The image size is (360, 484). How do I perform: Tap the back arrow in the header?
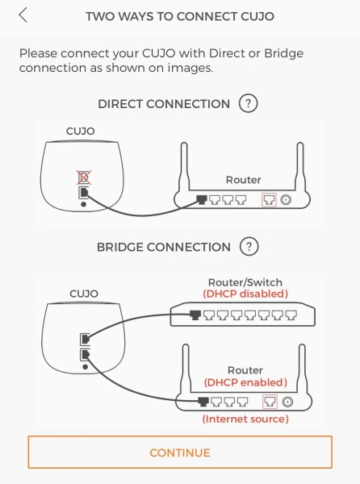coord(23,15)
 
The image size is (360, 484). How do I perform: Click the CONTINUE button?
coord(180,453)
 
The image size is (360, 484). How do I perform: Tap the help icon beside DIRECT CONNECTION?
coord(248,103)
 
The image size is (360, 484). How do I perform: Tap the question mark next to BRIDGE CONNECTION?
coord(249,247)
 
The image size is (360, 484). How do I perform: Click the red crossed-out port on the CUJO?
coord(84,177)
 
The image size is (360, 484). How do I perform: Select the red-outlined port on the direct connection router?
coord(269,200)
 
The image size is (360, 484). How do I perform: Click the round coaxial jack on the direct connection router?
coord(286,200)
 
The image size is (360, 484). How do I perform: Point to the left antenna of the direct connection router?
coord(184,167)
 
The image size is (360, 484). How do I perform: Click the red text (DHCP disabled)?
coord(245,294)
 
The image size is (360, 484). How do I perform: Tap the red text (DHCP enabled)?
coord(245,382)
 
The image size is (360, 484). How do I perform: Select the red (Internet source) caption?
coord(245,419)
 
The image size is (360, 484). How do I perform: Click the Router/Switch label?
coord(245,282)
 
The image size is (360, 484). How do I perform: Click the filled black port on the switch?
coord(195,315)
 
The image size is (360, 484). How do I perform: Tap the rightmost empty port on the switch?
coord(291,315)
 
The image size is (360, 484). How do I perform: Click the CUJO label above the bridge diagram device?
coord(84,294)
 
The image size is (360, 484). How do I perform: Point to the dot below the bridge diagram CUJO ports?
coord(86,367)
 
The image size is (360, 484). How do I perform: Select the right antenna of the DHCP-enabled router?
coord(302,369)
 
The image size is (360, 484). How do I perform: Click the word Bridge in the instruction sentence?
coord(284,53)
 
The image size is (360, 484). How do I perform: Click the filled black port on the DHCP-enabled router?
coord(203,402)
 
